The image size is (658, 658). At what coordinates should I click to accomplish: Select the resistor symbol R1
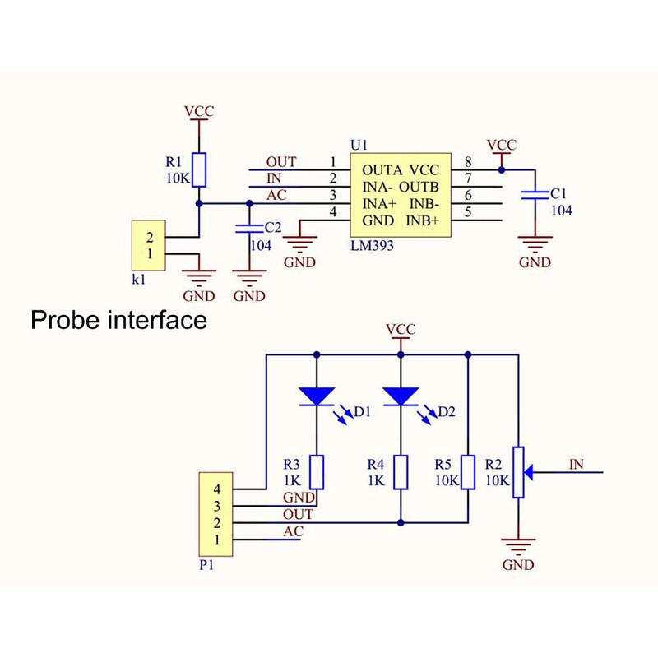[x=198, y=169]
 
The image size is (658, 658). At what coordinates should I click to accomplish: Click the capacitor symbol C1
[x=535, y=194]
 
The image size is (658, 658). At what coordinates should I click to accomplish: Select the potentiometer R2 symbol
[x=518, y=472]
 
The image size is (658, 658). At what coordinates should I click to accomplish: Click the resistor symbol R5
[x=468, y=472]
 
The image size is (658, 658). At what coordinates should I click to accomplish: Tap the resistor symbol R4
[x=401, y=472]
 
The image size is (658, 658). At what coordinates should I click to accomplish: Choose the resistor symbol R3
[x=317, y=472]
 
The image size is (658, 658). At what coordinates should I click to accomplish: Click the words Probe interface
[x=118, y=319]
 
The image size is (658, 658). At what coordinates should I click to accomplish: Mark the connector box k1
[x=149, y=245]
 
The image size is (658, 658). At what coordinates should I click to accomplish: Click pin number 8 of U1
[x=467, y=162]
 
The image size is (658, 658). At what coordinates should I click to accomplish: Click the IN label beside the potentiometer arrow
[x=576, y=465]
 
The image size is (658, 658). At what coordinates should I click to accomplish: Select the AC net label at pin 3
[x=277, y=195]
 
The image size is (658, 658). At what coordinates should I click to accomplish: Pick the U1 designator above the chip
[x=359, y=145]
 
